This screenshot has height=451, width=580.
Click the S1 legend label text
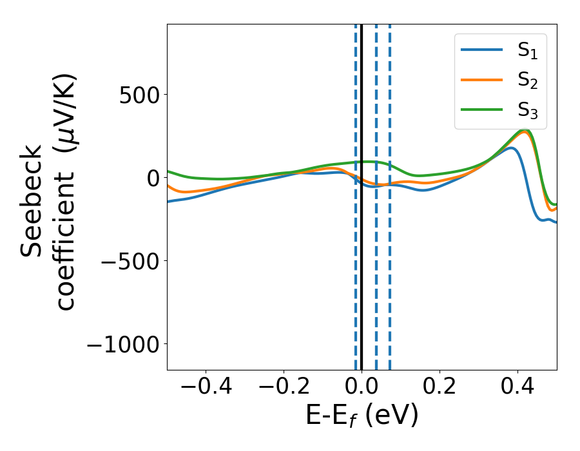pos(528,52)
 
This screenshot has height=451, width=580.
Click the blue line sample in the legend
pos(482,50)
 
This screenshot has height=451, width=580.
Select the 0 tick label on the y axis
pos(152,178)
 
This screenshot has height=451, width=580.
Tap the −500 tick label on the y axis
pos(130,261)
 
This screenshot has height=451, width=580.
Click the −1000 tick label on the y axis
pos(122,344)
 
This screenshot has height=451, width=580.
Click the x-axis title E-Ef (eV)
pos(362,416)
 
